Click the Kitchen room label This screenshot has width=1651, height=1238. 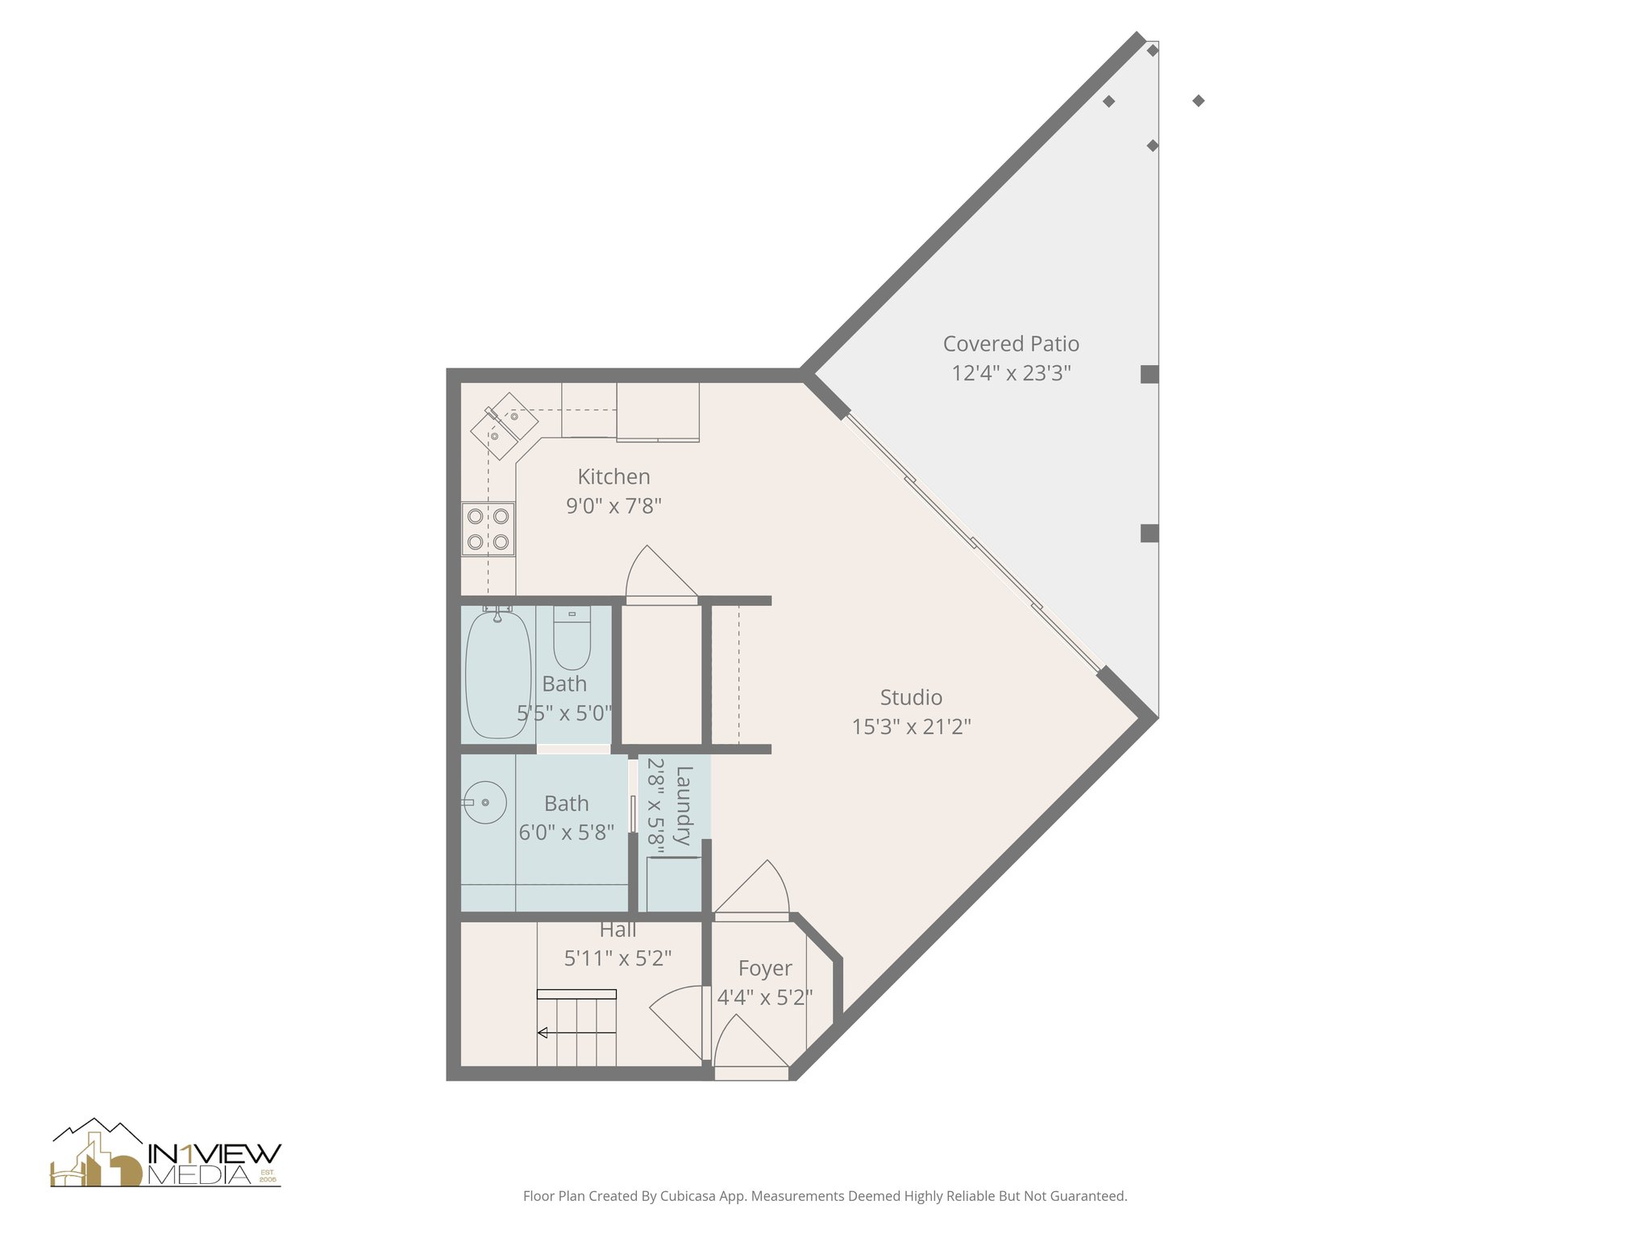pyautogui.click(x=613, y=476)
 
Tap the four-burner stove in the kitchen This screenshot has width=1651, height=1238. pyautogui.click(x=489, y=529)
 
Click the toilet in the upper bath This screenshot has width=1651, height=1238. pyautogui.click(x=572, y=638)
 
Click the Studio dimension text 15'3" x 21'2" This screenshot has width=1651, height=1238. pyautogui.click(x=911, y=727)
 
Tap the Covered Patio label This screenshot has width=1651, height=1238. pyautogui.click(x=1011, y=344)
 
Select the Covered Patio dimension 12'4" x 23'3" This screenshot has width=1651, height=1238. pyautogui.click(x=1011, y=374)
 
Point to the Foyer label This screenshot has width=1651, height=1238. pyautogui.click(x=765, y=968)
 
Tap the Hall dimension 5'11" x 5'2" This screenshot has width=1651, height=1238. pyautogui.click(x=618, y=958)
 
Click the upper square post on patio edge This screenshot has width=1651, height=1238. pyautogui.click(x=1150, y=374)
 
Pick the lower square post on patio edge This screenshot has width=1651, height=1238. pyautogui.click(x=1150, y=533)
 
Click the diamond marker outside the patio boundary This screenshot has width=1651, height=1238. pyautogui.click(x=1199, y=101)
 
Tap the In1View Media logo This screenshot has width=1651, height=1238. pyautogui.click(x=166, y=1154)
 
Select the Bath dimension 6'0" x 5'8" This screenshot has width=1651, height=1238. pyautogui.click(x=566, y=833)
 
